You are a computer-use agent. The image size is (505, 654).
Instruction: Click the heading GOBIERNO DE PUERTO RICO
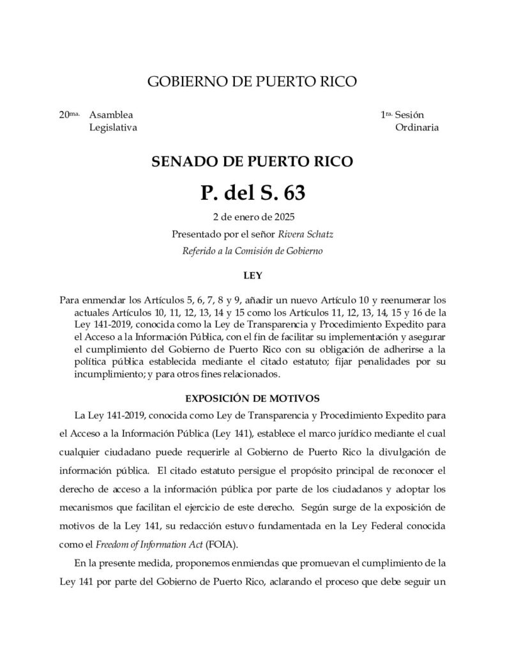252,82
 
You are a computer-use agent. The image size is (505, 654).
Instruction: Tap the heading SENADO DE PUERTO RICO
252,161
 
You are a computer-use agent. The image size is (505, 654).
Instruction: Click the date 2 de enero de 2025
252,218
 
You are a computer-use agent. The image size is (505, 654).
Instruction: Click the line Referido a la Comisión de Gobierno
252,250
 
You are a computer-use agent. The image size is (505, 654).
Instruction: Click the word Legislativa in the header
113,127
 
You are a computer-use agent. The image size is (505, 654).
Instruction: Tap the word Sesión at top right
409,116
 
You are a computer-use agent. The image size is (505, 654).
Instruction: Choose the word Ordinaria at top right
417,127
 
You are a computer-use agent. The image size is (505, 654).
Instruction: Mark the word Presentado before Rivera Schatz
195,234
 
